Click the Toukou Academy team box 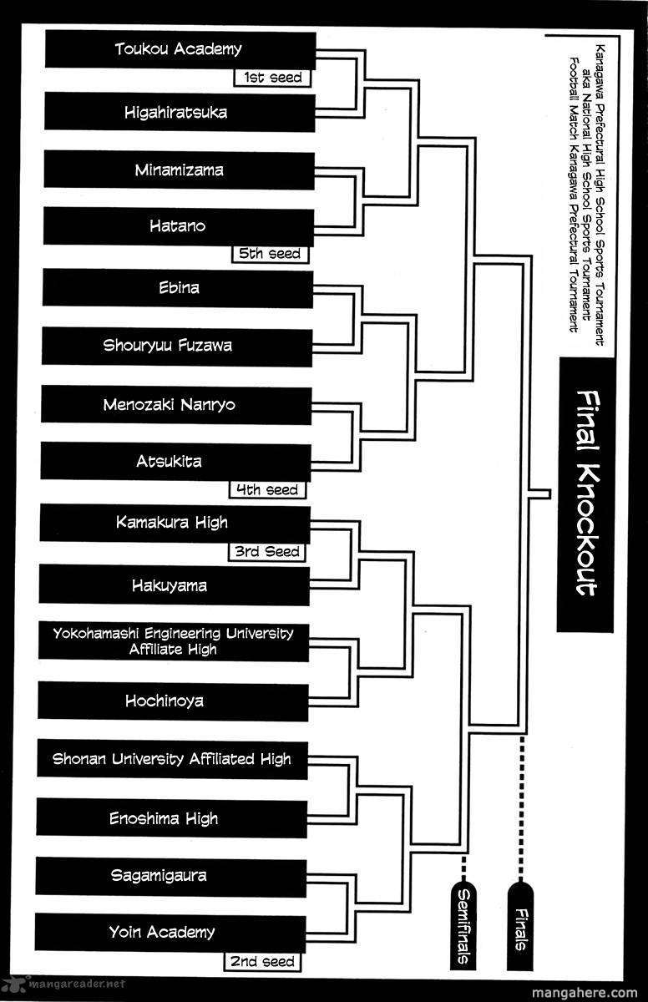click(x=180, y=49)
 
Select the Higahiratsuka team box click(x=180, y=112)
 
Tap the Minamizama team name click(x=179, y=170)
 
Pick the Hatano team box click(x=179, y=227)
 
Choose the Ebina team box click(x=178, y=288)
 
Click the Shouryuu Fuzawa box click(x=177, y=347)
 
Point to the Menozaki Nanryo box click(x=176, y=405)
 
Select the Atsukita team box click(x=175, y=462)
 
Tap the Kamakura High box click(x=175, y=524)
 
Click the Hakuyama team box click(x=175, y=585)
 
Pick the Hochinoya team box click(x=173, y=701)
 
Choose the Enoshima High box click(x=172, y=818)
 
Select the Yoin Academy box click(x=170, y=934)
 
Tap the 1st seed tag click(x=272, y=78)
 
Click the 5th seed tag click(x=270, y=254)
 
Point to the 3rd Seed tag click(x=267, y=552)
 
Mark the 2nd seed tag click(x=262, y=962)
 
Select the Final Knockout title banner click(x=586, y=494)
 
